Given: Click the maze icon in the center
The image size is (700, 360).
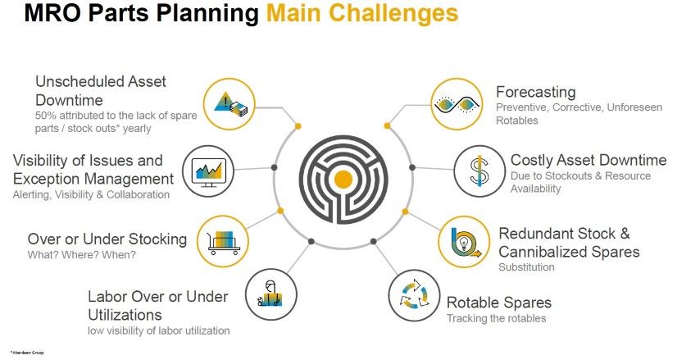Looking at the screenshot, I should (344, 178).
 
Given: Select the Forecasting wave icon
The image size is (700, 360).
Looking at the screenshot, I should (456, 104).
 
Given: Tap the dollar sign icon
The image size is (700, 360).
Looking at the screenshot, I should (479, 171).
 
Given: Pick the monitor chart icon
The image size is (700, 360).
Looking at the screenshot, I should (207, 171).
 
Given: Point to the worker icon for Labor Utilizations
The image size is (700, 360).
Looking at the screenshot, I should (270, 294).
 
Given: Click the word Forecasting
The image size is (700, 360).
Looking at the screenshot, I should (535, 92).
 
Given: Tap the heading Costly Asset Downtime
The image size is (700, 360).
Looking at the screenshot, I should (588, 160).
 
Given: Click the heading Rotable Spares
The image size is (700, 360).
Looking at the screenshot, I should (498, 303).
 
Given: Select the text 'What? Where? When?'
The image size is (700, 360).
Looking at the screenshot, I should (82, 254).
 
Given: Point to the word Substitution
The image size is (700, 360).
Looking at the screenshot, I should (526, 267).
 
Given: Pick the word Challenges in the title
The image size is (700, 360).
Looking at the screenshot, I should (388, 13).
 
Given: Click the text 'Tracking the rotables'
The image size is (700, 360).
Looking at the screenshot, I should (496, 318).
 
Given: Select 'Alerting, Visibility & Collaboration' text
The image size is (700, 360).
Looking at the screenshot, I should (91, 194).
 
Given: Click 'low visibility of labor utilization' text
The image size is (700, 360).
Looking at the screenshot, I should (159, 330).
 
